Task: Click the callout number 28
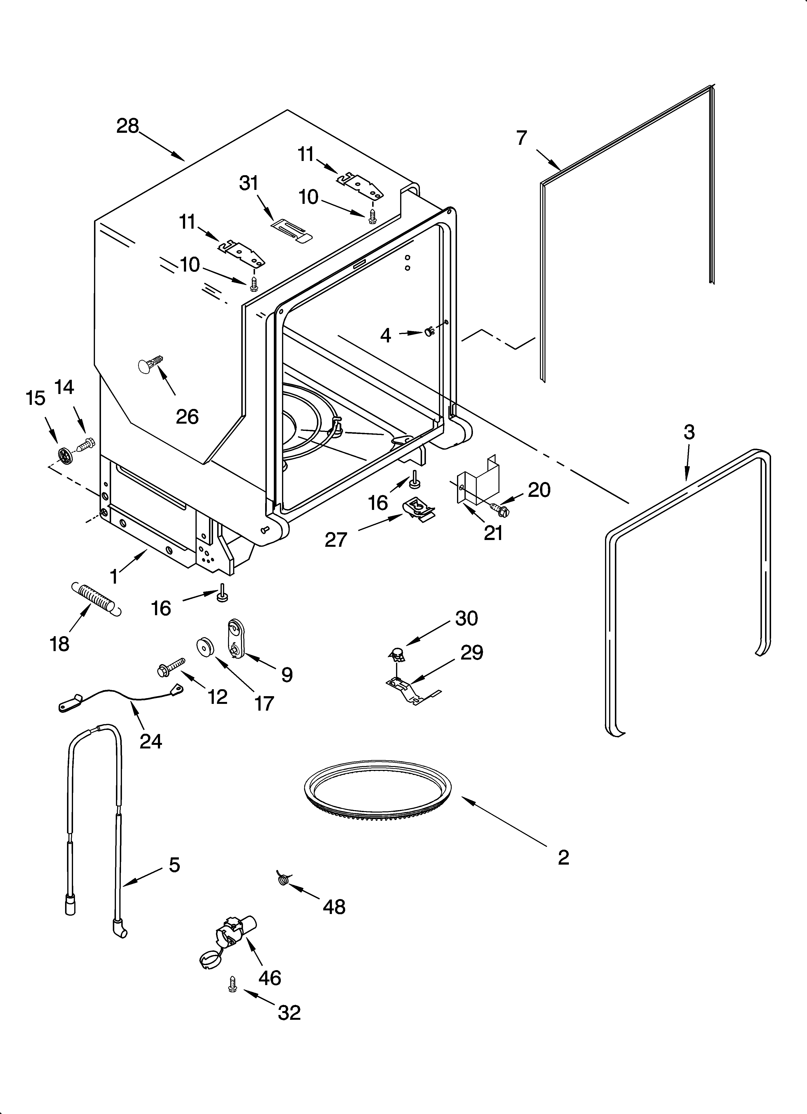click(x=128, y=126)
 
